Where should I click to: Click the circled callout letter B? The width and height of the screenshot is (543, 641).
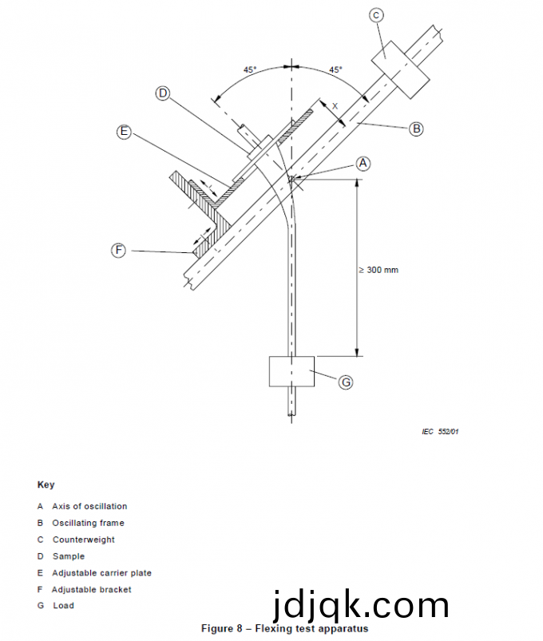416,129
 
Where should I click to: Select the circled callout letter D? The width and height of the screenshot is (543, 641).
163,93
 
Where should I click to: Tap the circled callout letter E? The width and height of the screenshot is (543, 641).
124,133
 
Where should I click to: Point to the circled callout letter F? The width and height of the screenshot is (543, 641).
118,251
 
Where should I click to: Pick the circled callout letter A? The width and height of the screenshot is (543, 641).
363,163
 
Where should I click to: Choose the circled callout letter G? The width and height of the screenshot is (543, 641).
346,382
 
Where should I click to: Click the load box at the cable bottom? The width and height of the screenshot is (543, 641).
292,371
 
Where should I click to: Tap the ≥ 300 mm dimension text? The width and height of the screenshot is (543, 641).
379,270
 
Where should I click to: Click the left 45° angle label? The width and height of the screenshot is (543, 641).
250,70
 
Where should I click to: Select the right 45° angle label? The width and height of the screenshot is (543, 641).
335,70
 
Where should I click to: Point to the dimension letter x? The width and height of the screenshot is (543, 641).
335,105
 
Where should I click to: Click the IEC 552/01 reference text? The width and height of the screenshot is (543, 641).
440,432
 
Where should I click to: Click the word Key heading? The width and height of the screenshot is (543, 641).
46,485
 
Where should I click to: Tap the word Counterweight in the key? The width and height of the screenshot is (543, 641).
83,540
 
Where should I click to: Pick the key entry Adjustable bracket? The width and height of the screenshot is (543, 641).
92,589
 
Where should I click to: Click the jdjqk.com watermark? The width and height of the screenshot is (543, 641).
360,605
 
